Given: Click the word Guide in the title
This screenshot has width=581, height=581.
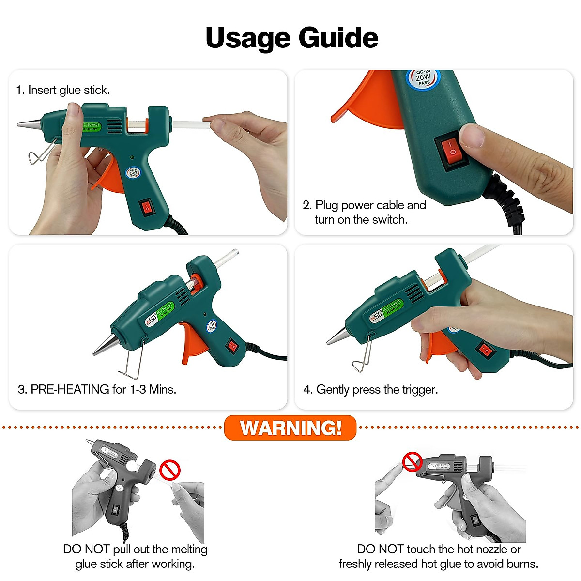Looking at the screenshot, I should [x=338, y=38].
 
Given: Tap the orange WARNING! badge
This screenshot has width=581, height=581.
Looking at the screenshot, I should [x=290, y=428].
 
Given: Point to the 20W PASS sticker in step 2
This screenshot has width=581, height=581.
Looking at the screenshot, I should [x=423, y=78].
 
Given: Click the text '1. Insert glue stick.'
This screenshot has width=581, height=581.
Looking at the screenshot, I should [x=63, y=90].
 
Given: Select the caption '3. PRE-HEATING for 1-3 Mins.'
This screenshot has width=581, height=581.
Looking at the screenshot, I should [x=97, y=389].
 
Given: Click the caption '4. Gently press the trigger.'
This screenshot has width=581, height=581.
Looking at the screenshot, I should [x=370, y=390].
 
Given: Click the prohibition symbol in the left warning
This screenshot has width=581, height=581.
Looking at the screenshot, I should [x=170, y=470].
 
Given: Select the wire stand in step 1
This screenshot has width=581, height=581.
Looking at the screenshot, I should [x=41, y=153].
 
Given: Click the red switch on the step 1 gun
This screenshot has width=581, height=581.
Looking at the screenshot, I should [x=147, y=207].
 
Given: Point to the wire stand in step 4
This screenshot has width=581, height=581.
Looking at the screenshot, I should [x=362, y=356].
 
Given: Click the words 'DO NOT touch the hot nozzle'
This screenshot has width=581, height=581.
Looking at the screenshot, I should [x=438, y=549].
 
